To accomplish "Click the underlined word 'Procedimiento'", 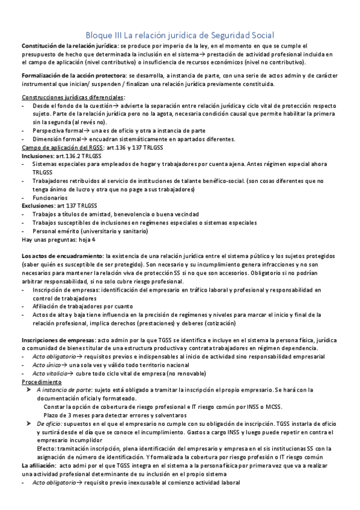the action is point(41,382).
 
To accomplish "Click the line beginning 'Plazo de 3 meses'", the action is point(115,416).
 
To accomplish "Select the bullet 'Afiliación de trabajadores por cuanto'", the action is point(82,306).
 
